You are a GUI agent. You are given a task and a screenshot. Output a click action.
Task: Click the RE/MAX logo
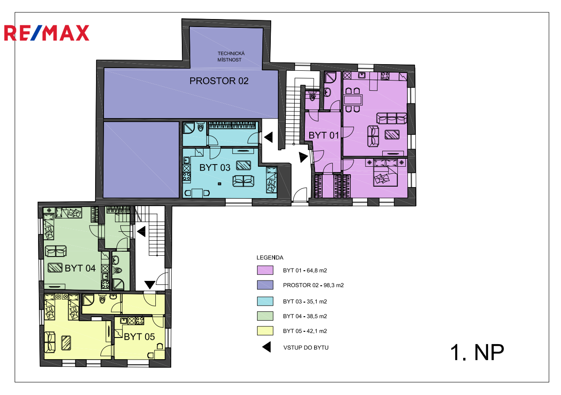(46, 33)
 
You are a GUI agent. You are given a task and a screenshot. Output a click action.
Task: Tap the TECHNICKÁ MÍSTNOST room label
(231, 57)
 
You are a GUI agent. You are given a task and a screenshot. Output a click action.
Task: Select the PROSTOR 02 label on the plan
(219, 81)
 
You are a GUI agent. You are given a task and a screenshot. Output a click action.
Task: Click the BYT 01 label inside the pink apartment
(323, 135)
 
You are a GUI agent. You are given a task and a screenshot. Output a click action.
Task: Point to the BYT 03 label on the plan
(215, 168)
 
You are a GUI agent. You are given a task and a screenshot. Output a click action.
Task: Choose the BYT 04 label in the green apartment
(80, 268)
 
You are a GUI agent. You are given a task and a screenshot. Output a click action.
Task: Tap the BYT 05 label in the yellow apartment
(139, 337)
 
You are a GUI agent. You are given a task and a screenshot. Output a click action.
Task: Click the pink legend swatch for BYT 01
(265, 270)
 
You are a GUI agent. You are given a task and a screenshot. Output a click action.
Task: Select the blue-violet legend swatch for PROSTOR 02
(265, 285)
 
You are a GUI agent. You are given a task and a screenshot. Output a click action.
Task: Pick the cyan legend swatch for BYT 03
(265, 301)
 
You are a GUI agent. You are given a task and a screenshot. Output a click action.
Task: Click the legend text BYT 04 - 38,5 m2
(305, 316)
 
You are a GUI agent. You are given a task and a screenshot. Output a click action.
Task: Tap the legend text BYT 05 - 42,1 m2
(305, 331)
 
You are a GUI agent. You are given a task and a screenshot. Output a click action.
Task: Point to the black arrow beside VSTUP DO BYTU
(267, 347)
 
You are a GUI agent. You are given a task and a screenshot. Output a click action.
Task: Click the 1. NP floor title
(477, 353)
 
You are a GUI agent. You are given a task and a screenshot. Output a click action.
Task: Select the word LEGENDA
(270, 257)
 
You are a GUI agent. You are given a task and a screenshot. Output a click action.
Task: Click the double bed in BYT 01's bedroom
(385, 173)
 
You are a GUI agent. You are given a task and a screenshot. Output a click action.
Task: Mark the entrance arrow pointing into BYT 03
(269, 138)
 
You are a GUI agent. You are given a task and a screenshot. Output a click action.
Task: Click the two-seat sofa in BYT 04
(56, 251)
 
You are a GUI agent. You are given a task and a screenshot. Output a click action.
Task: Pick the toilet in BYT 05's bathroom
(102, 299)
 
